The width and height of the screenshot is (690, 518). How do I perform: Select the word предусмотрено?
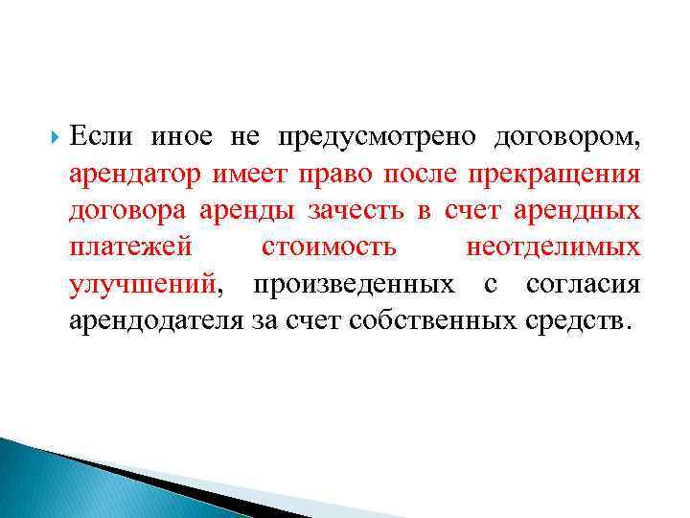[x=377, y=138]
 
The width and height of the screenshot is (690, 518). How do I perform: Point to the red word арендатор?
[x=135, y=175]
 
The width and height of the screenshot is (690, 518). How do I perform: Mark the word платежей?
[x=131, y=247]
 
